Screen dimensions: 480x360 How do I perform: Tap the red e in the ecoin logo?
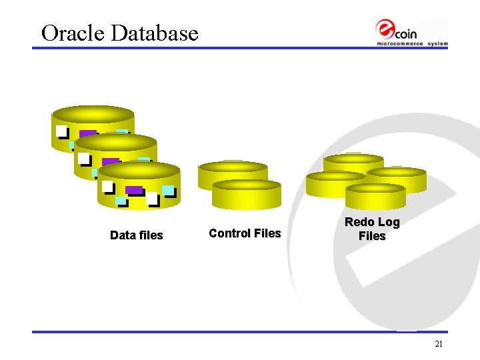pyautogui.click(x=385, y=29)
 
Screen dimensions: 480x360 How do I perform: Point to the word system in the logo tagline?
pyautogui.click(x=438, y=44)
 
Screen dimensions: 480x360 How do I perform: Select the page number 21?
pyautogui.click(x=438, y=344)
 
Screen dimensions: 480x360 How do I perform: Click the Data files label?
pyautogui.click(x=136, y=235)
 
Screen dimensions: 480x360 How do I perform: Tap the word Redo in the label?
pyautogui.click(x=358, y=222)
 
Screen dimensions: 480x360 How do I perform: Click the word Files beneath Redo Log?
pyautogui.click(x=372, y=236)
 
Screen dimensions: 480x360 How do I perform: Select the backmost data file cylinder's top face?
pyautogui.click(x=93, y=113)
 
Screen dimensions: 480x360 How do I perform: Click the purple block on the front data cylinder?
pyautogui.click(x=134, y=190)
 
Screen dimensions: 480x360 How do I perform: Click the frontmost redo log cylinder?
pyautogui.click(x=375, y=197)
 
